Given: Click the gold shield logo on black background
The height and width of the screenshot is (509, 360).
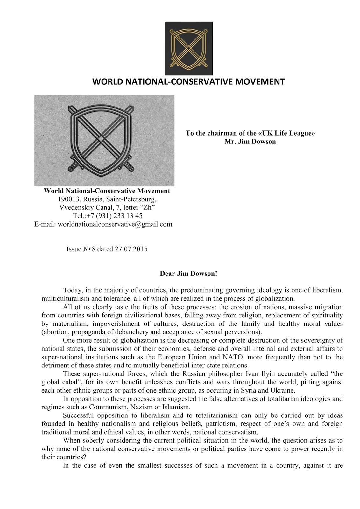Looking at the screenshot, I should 188,48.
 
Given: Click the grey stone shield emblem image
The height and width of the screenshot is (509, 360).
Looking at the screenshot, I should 104,141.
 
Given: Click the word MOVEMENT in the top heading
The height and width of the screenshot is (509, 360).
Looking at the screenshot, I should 260,82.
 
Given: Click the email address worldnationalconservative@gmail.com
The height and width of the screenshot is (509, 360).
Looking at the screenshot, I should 115,224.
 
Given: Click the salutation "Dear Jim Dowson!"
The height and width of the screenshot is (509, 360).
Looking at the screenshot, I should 188,274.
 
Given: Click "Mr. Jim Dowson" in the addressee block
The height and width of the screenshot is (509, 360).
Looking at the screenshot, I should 250,142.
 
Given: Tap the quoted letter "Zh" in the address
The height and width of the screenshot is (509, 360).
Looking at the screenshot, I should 148,208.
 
